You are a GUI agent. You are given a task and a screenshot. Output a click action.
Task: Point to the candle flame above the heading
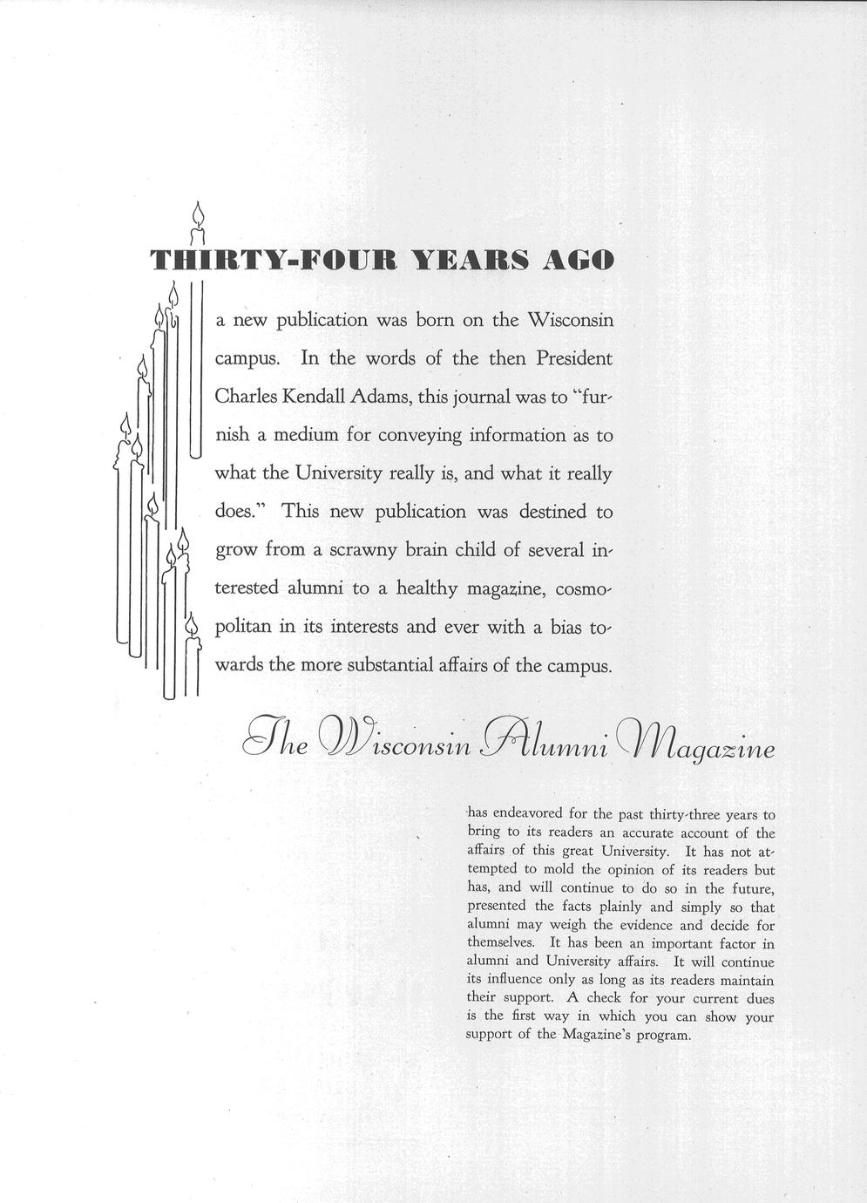pyautogui.click(x=198, y=213)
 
